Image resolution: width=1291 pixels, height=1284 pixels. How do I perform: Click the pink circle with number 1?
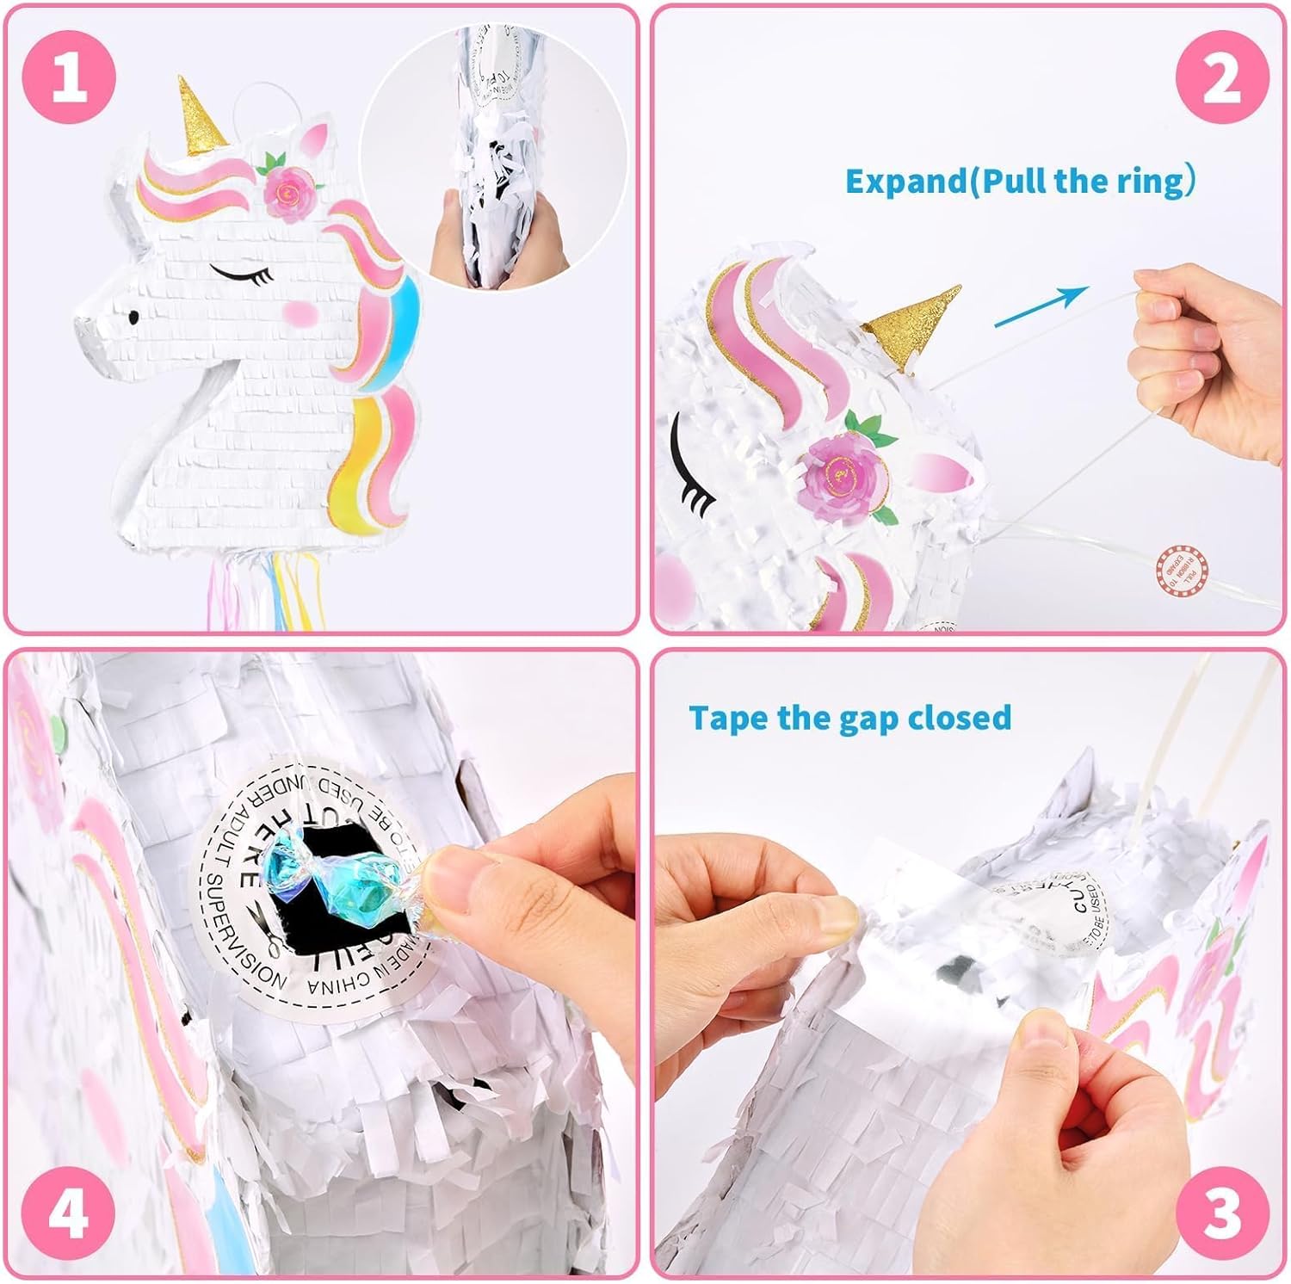coord(69,77)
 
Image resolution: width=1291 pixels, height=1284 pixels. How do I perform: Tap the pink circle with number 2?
coord(1221,77)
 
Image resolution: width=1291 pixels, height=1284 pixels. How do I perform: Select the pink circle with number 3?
coord(1221,1213)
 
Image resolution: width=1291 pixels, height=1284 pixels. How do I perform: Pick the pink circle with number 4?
coord(69,1213)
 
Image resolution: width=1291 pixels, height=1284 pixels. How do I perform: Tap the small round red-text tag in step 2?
coord(1182,570)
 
